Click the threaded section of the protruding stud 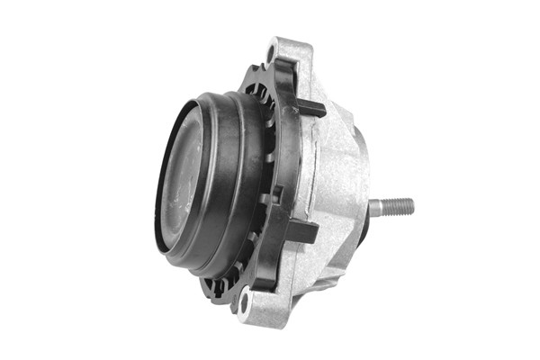pos(399,206)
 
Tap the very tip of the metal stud pos(413,206)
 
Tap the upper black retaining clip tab pos(310,108)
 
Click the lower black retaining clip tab pos(301,232)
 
